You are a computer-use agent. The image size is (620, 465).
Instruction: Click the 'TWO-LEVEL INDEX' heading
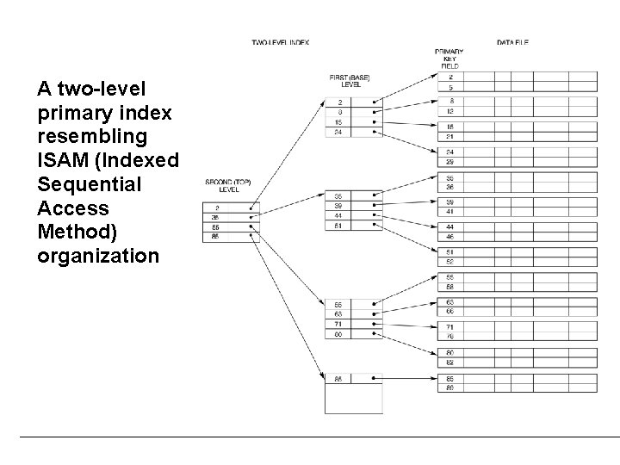[x=280, y=41]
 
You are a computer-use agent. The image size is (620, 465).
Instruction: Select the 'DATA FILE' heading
[x=512, y=41]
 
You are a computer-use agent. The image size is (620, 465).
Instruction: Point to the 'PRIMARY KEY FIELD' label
[x=449, y=59]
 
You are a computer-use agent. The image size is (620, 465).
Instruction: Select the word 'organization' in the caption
[x=99, y=256]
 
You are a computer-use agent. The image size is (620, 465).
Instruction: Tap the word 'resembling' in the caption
[x=93, y=137]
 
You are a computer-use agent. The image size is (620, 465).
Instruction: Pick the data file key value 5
[x=450, y=87]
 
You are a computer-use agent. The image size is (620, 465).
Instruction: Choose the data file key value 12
[x=450, y=112]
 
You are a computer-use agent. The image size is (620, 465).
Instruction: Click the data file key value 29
[x=450, y=162]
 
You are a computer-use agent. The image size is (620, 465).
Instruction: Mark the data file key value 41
[x=450, y=212]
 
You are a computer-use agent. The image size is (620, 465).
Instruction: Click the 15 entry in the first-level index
[x=339, y=121]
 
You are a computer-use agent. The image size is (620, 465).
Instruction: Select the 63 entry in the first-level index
[x=339, y=314]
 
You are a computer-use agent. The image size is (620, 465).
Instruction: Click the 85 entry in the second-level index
[x=215, y=236]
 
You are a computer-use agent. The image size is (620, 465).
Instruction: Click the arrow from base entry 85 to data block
[x=409, y=379]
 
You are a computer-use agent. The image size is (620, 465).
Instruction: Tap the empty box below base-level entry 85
[x=353, y=399]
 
